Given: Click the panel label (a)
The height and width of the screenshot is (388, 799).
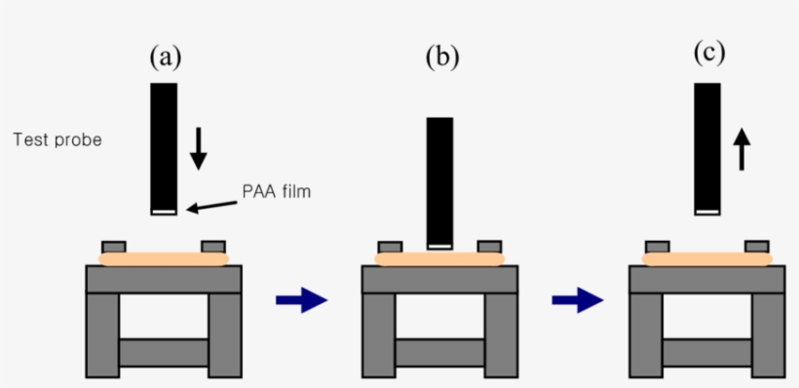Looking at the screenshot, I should coord(165,58).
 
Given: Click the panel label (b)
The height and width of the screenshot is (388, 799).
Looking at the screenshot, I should coord(440,58).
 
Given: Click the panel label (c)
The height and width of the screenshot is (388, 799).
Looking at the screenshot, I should coord(707,53).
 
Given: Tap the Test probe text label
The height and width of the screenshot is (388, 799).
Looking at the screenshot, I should coord(57,140).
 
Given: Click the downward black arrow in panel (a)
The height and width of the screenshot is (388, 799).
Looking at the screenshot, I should coord(199,147).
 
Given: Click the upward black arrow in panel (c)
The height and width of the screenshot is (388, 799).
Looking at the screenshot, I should coord(742,149).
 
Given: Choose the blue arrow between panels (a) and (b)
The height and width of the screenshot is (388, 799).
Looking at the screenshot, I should coord(301,299).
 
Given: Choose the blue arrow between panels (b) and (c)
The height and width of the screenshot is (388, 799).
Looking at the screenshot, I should coord(577,299).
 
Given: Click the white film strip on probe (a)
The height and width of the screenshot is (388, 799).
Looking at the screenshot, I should coord(164,211).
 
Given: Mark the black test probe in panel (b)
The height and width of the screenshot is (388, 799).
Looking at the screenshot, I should coord(440,180).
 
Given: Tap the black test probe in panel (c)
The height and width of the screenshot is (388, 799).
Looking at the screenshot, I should coord(707,146).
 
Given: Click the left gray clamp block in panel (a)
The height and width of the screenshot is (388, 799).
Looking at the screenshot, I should coord(114,247).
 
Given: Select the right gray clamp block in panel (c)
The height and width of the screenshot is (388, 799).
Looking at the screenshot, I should coord(757,246).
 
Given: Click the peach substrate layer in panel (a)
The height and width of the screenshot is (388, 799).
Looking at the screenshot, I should coord(164,259).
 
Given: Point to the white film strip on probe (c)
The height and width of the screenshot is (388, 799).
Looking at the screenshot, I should coord(707,211).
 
